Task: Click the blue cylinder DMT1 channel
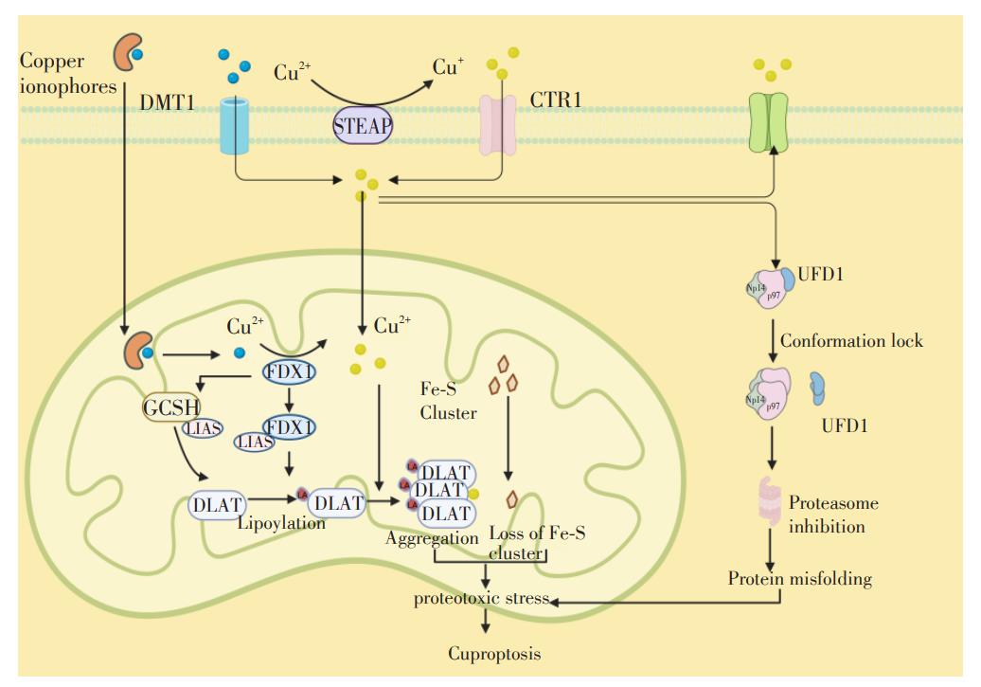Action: (234, 123)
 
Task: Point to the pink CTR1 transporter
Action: (499, 123)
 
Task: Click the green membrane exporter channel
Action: (767, 121)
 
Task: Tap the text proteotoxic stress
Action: (481, 599)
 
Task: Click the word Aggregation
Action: (432, 537)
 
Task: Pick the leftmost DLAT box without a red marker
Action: (216, 504)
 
